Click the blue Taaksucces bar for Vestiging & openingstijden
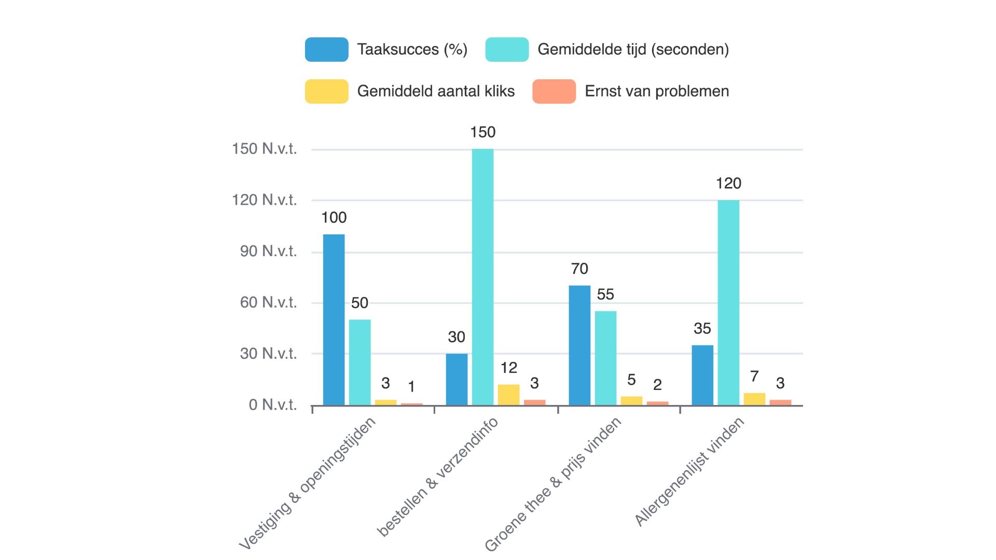point(334,319)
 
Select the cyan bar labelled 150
point(482,277)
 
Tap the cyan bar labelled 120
point(728,302)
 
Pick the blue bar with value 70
point(579,345)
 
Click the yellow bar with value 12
point(508,395)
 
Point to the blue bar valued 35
point(702,375)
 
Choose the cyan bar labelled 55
point(605,358)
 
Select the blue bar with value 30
point(457,379)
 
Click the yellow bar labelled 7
point(754,399)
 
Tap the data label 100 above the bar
point(334,217)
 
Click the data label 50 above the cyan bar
point(359,303)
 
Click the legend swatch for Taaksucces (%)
point(326,50)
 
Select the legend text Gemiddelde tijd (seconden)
point(633,50)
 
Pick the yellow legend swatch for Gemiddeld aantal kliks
point(326,91)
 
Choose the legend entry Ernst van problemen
point(656,91)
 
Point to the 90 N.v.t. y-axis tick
point(268,251)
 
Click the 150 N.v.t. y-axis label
point(264,149)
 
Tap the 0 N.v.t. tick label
point(272,405)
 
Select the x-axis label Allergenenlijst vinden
point(689,472)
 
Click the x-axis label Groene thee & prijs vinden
point(553,484)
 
